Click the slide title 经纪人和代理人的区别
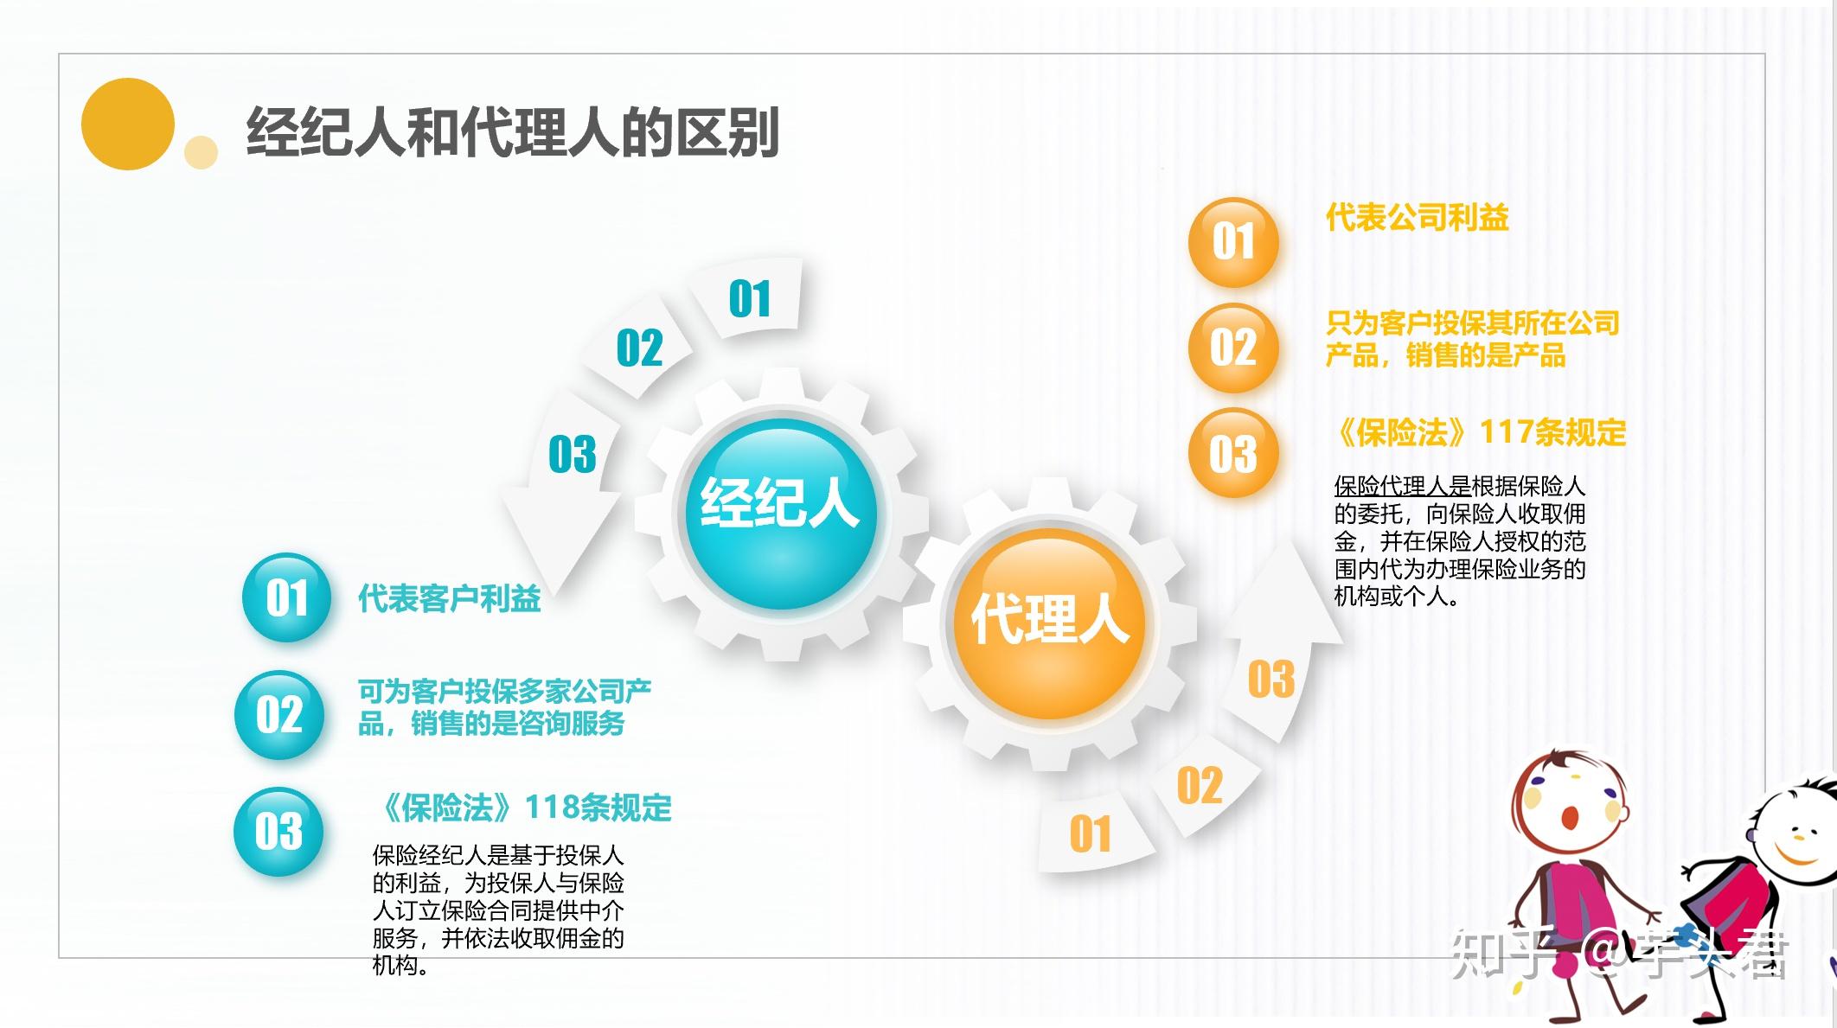pos(512,132)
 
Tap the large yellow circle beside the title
pos(128,124)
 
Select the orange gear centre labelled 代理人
pos(1049,621)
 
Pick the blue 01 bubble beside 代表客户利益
pos(286,597)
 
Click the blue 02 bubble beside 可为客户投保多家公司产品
pos(278,715)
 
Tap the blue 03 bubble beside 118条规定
pos(278,831)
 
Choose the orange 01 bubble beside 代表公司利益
pos(1232,242)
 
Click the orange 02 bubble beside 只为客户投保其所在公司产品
pos(1232,348)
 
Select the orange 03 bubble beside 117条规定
pos(1232,453)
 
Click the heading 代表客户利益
pos(449,598)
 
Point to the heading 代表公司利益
pos(1417,217)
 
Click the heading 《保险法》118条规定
pos(525,808)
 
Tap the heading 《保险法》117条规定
pos(1480,432)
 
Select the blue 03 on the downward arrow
pos(572,455)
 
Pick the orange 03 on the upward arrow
pos(1271,680)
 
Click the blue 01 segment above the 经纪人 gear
pos(749,299)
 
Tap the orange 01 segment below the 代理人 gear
pos(1090,834)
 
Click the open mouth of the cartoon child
pos(1568,817)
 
